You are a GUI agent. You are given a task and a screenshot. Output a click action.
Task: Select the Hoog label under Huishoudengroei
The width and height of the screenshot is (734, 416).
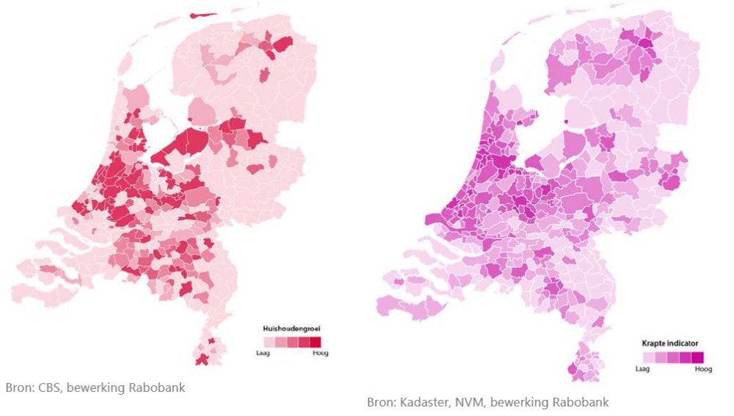320,353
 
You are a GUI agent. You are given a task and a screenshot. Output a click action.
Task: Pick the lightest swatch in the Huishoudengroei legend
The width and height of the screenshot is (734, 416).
269,342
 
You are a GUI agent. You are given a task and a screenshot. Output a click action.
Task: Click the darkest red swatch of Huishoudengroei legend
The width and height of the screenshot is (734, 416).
315,342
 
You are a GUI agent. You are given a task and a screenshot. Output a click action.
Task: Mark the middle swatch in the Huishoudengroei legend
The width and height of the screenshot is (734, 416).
292,342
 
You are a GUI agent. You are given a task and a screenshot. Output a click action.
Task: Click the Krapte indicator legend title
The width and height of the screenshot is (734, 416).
669,343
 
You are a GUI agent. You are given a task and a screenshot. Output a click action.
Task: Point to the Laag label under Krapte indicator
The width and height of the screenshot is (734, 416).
642,368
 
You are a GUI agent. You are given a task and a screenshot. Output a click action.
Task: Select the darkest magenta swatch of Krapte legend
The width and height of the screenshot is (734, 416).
697,357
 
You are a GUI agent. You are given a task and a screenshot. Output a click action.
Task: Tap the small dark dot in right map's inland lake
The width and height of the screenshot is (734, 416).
565,123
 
